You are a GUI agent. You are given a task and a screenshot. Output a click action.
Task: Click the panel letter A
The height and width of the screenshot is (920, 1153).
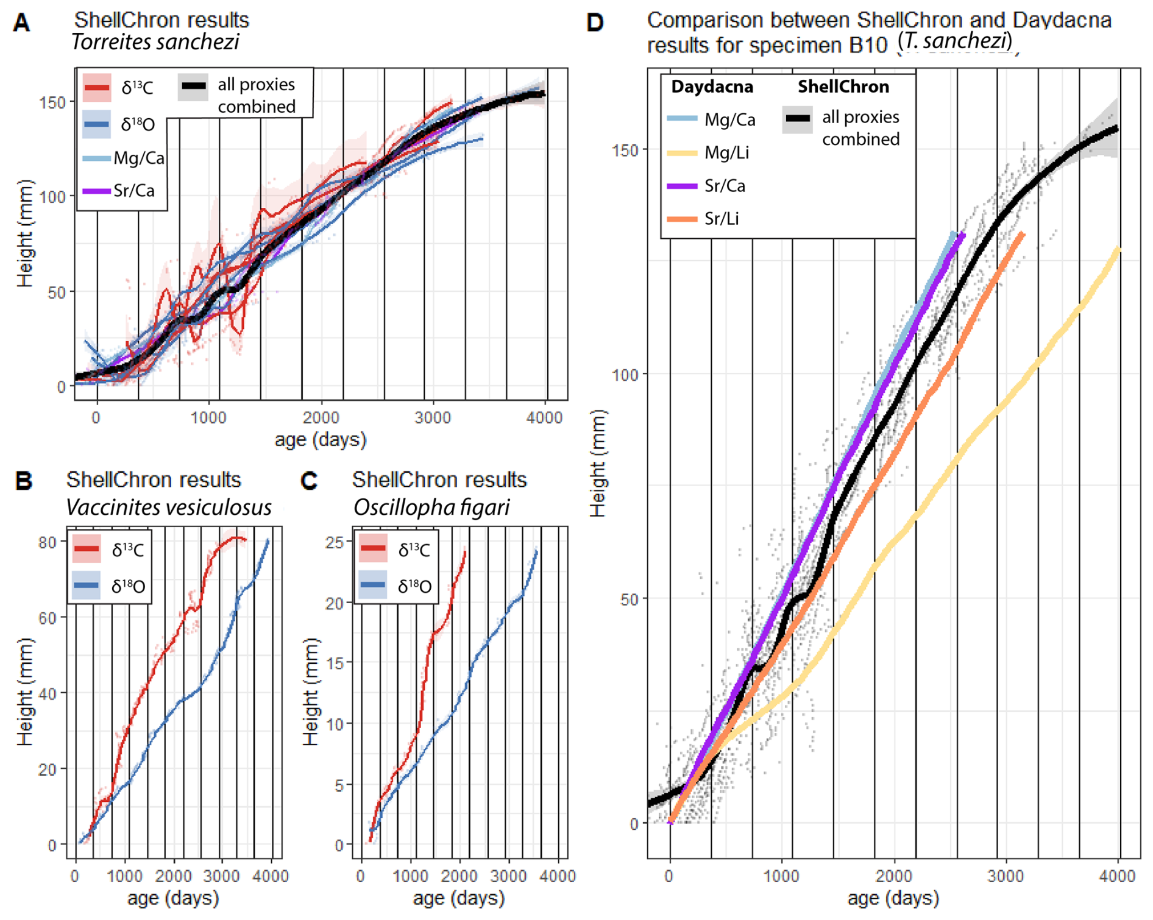(21, 23)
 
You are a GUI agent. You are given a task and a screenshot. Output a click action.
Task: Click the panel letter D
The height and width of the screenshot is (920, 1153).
(594, 23)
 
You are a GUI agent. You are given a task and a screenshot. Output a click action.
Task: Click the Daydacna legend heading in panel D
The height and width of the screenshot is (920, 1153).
(712, 87)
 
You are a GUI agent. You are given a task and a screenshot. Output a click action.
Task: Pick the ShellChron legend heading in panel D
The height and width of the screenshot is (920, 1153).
(843, 87)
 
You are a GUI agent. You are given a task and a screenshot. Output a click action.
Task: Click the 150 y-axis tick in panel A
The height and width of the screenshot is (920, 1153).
(52, 102)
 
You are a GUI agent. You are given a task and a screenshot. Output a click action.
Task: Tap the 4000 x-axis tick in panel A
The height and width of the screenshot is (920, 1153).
(544, 418)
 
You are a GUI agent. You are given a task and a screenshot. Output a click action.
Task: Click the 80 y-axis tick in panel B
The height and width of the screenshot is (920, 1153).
(48, 542)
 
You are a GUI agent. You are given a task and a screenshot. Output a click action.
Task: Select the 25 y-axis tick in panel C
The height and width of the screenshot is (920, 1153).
(335, 542)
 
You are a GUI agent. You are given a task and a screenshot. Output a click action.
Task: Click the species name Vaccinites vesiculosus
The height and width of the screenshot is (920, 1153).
(169, 508)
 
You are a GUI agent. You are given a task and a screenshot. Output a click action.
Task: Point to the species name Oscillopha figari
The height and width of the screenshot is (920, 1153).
(431, 508)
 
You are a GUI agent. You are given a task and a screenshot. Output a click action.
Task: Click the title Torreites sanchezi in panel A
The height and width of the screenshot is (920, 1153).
(155, 42)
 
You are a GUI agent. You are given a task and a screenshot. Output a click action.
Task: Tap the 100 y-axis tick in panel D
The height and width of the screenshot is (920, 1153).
(625, 374)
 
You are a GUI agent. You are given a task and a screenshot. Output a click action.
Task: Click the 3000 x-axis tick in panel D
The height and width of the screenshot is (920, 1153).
(1006, 876)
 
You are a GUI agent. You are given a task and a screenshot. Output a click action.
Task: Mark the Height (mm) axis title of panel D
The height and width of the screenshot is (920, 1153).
(599, 463)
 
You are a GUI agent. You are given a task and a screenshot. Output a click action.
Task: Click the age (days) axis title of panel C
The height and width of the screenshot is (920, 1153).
(459, 898)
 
